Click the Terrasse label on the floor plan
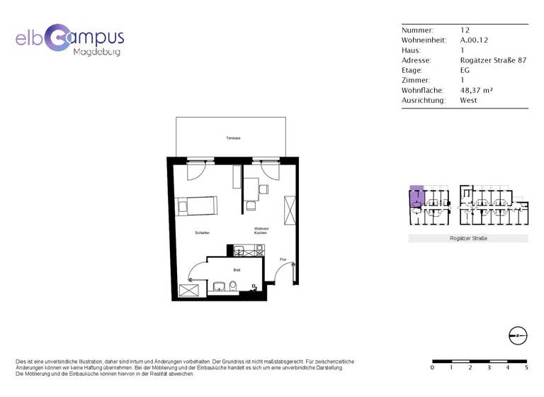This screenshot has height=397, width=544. coord(234,138)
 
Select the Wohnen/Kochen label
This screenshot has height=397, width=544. coord(261,230)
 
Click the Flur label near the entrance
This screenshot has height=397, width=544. coord(283,259)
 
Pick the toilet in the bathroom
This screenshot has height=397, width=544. coord(234,286)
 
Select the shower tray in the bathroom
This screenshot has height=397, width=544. coord(189,289)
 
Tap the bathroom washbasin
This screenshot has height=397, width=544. coord(219,286)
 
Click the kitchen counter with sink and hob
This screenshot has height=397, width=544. coord(249,250)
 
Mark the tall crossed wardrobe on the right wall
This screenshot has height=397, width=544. coord(290,211)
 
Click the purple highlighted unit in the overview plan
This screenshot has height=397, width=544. coord(416,194)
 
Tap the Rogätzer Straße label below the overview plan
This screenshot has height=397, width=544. coord(468,239)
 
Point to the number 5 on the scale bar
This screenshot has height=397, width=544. coord(526,367)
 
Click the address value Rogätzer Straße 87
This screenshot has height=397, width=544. coord(493,61)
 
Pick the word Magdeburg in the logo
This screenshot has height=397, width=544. coord(97,52)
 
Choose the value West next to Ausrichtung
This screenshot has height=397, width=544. coord(468,101)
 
